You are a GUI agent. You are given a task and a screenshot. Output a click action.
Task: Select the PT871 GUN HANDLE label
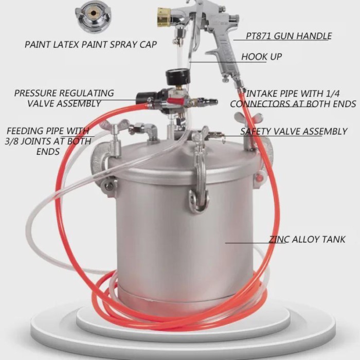tap(282, 37)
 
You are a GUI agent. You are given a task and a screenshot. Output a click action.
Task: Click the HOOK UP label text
tap(261, 57)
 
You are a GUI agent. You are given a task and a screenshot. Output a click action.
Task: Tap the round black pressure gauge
tap(177, 77)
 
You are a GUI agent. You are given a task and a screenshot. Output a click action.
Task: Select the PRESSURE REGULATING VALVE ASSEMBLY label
tap(64, 98)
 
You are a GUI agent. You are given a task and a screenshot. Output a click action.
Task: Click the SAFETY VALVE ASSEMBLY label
tap(294, 132)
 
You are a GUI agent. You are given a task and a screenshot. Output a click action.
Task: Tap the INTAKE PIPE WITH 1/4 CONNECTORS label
tap(293, 99)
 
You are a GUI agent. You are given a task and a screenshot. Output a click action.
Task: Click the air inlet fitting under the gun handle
tap(226, 77)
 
